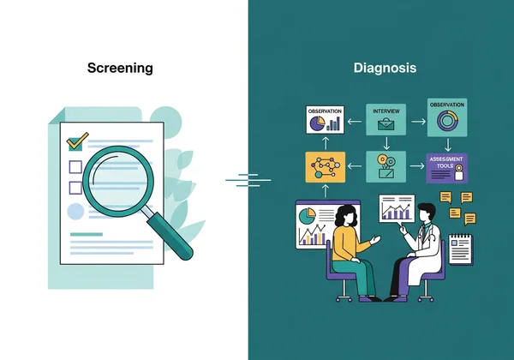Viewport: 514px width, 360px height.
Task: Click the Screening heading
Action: point(119,68)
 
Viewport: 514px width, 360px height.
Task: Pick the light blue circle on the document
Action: point(75,211)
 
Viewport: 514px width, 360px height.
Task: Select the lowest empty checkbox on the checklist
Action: point(75,186)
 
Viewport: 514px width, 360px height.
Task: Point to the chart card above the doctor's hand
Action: point(397,207)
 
